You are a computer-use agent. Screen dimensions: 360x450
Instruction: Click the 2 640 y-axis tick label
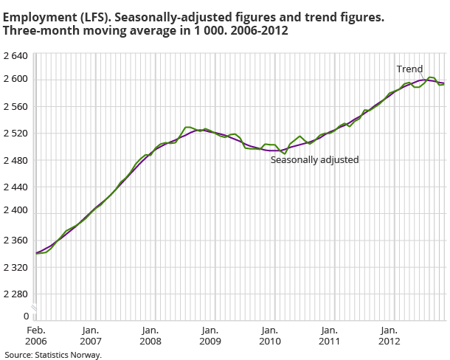[x=15, y=56]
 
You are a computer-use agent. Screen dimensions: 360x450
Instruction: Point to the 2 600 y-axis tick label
[x=15, y=79]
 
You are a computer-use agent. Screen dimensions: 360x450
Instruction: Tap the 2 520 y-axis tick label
[x=15, y=134]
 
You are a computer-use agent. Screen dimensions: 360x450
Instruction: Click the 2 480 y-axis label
[x=15, y=161]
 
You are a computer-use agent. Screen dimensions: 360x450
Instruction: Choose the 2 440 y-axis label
[x=15, y=187]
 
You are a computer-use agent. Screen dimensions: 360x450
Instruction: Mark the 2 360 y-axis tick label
[x=15, y=241]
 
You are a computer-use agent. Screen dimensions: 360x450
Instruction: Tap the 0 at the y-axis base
[x=26, y=316]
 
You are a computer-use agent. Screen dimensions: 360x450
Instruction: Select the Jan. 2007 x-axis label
[x=90, y=336]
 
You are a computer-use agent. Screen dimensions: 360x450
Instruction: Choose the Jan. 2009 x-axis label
[x=210, y=336]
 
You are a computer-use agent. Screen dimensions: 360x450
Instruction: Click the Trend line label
[x=409, y=69]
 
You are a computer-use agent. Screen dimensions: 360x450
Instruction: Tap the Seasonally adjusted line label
[x=314, y=159]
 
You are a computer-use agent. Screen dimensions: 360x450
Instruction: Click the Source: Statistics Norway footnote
[x=52, y=355]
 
